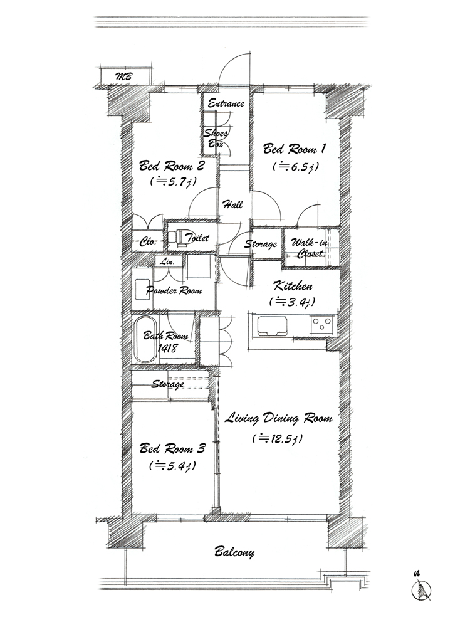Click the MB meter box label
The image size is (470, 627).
123,76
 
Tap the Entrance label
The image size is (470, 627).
226,103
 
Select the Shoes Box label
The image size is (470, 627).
216,139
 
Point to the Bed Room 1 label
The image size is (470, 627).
295,149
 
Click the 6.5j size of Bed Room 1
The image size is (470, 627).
296,166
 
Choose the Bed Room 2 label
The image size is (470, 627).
172,165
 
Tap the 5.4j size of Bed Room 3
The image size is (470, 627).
173,465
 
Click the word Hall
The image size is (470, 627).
232,205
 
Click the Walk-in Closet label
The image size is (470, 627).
310,248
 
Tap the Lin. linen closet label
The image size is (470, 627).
167,262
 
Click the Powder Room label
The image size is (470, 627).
174,290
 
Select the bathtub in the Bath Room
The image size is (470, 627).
145,340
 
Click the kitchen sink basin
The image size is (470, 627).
272,327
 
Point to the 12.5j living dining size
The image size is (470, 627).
278,439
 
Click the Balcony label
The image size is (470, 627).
234,552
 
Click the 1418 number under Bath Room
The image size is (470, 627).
168,348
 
